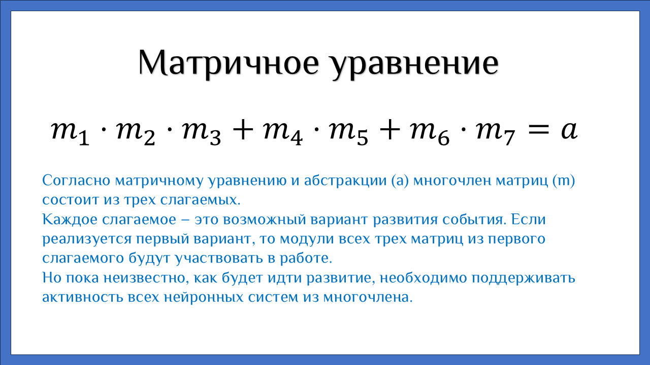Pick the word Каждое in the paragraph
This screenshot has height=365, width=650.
pyautogui.click(x=70, y=220)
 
